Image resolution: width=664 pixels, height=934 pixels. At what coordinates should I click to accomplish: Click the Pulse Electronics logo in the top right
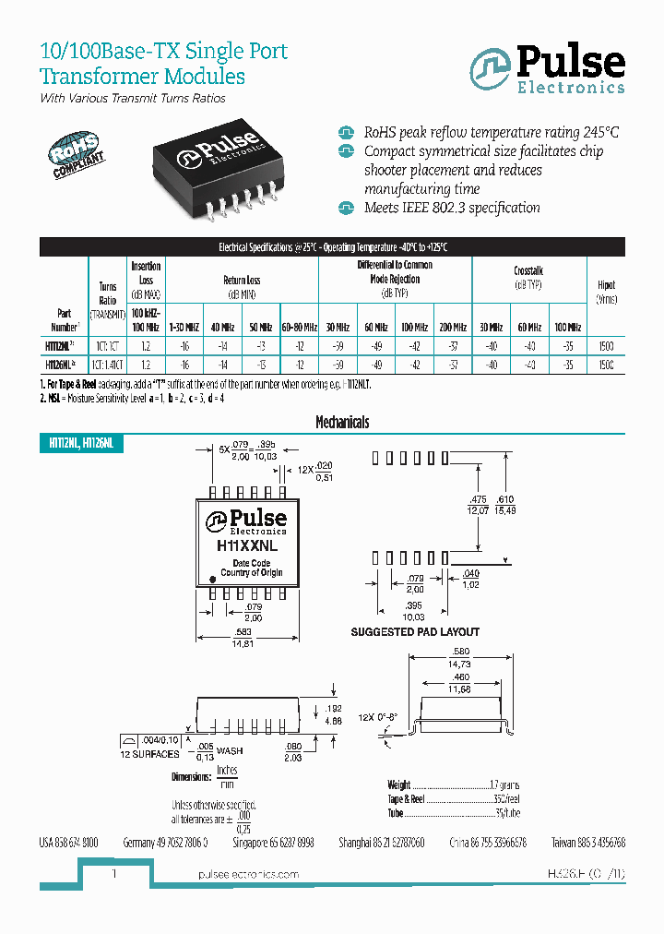click(547, 69)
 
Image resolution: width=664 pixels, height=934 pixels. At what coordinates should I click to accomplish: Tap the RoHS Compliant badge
click(76, 149)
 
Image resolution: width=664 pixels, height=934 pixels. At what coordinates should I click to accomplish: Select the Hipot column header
click(606, 292)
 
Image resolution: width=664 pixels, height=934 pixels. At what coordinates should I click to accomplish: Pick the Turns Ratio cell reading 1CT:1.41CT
click(108, 365)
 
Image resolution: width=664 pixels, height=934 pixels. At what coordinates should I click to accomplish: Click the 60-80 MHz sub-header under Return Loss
click(299, 327)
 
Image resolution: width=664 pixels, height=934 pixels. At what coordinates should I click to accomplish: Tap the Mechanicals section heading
click(342, 422)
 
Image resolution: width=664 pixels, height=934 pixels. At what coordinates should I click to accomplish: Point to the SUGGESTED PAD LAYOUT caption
click(415, 631)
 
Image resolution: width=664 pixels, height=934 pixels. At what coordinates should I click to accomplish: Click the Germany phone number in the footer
click(164, 843)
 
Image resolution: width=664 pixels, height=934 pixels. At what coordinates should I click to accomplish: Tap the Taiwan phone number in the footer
click(589, 843)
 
